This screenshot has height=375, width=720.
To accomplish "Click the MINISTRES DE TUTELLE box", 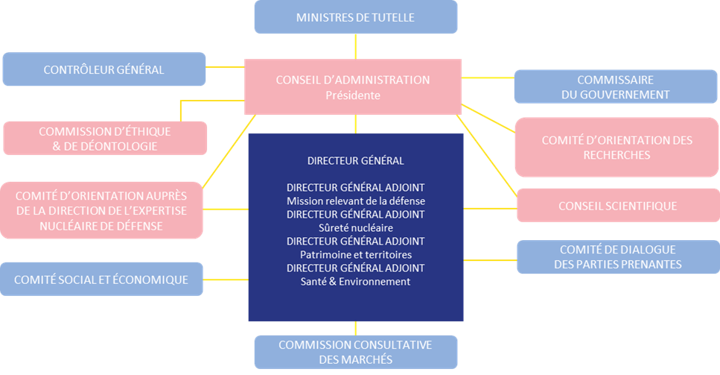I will coord(355,17).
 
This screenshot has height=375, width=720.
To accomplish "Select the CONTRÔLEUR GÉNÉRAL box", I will coord(103,69).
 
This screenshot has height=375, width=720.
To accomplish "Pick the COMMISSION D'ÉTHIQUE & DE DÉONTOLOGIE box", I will coord(105,139).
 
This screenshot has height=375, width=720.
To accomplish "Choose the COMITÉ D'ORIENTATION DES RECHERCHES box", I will coord(617,147).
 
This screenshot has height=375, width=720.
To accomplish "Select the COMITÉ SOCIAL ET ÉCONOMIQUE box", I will coord(101,280).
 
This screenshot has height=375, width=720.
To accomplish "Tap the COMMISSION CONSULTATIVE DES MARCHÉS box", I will coord(355,352).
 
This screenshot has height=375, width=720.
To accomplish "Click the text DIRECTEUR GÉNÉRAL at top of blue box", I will coord(355,160).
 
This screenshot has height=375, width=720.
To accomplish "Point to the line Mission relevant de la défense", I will coord(355,201).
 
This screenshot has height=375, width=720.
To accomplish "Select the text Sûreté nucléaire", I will coord(355,227).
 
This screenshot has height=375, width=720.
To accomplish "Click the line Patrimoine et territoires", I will coord(355,254).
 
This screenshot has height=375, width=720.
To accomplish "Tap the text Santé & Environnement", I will coord(355,281).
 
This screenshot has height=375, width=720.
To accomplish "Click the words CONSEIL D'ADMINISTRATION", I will coord(352,80).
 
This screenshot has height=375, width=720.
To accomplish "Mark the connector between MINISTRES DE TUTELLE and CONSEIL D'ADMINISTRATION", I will coord(356,46).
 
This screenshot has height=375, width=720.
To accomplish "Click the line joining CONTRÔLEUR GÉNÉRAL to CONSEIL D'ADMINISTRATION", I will coord(226,66).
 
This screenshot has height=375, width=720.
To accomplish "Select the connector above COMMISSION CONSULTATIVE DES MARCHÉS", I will coord(356,328).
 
